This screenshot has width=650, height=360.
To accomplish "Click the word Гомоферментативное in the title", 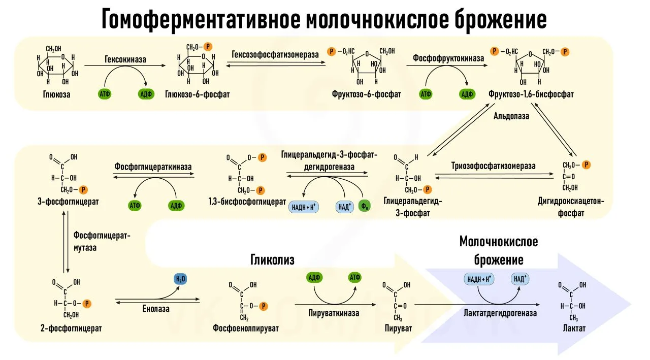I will click(201, 19).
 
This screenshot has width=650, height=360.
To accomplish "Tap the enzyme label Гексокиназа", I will click(125, 59).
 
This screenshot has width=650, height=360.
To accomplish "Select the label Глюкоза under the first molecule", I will click(56, 94).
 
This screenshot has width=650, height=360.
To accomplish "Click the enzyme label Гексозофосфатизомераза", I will click(275, 54).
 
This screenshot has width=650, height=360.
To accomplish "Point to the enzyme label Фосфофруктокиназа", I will click(448, 58).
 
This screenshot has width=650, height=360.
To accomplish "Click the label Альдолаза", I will click(511, 116).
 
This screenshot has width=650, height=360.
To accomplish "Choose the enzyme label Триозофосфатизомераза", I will click(493, 166).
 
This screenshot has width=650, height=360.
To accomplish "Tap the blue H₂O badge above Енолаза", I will click(180, 279).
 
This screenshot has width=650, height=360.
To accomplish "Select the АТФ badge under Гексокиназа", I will click(105, 94).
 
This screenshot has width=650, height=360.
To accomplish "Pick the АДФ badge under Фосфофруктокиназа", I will click(466, 94).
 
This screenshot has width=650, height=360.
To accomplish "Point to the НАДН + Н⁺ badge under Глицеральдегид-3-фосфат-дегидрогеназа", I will click(304, 206).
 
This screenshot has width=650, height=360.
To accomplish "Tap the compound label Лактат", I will click(574, 329).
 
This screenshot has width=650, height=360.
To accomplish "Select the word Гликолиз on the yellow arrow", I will click(272, 259).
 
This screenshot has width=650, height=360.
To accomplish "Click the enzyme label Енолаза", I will click(155, 308).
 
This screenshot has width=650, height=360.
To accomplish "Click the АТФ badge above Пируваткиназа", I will click(354, 278).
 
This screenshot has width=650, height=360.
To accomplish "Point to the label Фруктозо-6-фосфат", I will click(367, 94).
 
